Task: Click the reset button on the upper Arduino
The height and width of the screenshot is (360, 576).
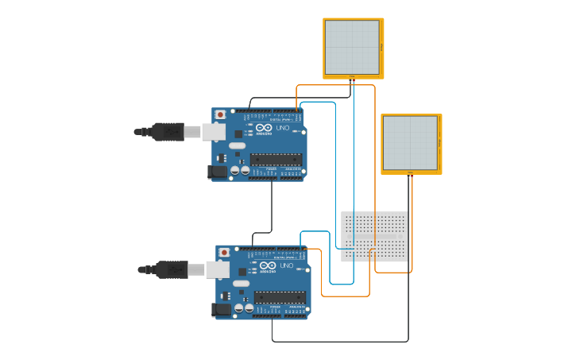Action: pyautogui.click(x=220, y=114)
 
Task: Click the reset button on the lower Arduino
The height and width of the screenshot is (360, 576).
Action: pyautogui.click(x=224, y=252)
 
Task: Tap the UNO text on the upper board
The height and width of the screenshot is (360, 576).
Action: pyautogui.click(x=284, y=128)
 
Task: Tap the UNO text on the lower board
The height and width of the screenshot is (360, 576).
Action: pyautogui.click(x=288, y=265)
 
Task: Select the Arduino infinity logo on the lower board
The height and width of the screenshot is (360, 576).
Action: pyautogui.click(x=267, y=265)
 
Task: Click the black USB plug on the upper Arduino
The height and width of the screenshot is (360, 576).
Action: pyautogui.click(x=168, y=131)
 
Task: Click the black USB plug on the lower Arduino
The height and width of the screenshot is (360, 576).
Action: pyautogui.click(x=172, y=269)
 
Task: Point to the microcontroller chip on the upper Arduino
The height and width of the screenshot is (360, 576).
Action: pyautogui.click(x=276, y=160)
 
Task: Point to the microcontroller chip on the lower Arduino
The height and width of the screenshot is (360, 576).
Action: pyautogui.click(x=280, y=297)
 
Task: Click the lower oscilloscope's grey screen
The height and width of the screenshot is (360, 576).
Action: pyautogui.click(x=410, y=142)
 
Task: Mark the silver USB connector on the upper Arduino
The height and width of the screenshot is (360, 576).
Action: pyautogui.click(x=214, y=131)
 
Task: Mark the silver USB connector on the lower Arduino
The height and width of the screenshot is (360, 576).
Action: pyautogui.click(x=218, y=269)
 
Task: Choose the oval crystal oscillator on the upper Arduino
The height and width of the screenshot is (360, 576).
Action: pyautogui.click(x=237, y=145)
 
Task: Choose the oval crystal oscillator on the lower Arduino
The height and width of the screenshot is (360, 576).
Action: pyautogui.click(x=241, y=283)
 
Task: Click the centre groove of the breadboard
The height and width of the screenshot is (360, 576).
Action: pyautogui.click(x=374, y=237)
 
